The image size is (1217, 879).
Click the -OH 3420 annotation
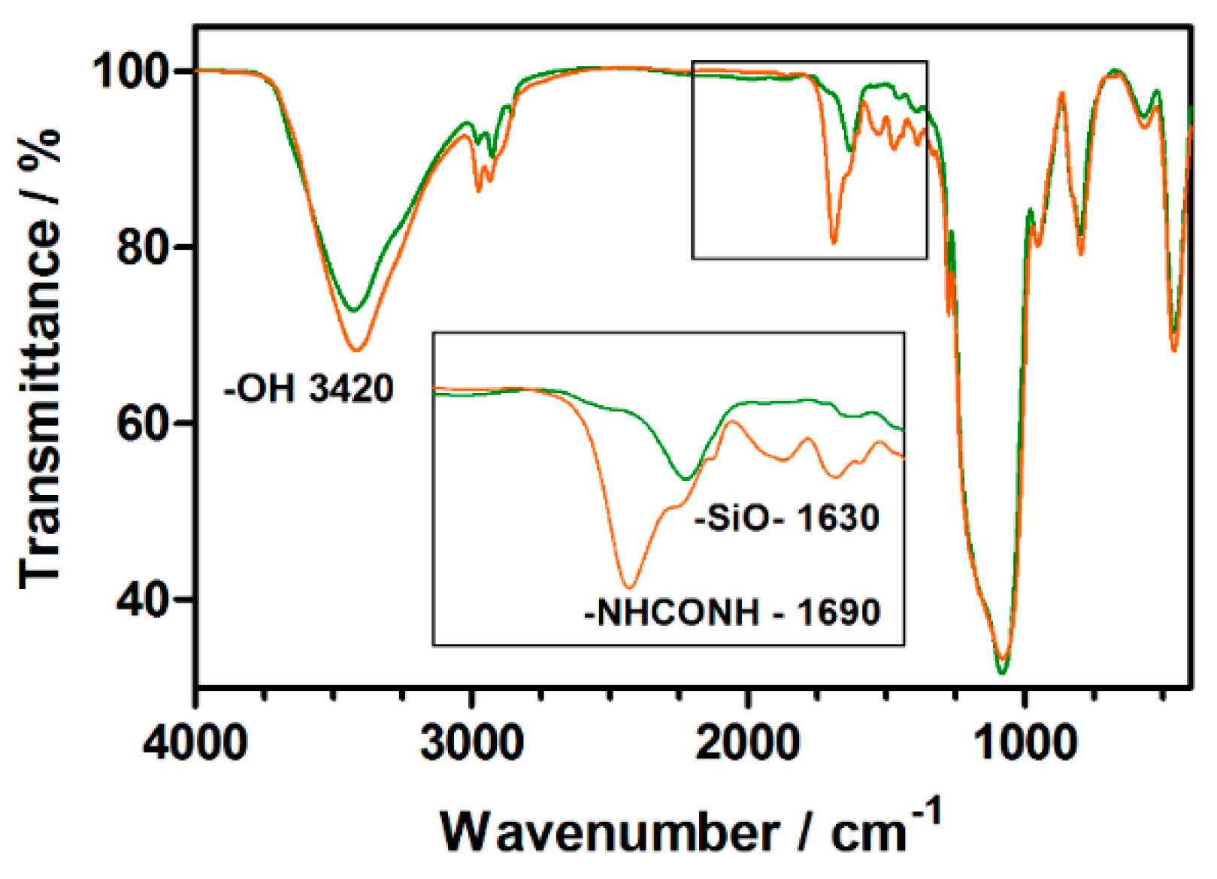click(x=309, y=389)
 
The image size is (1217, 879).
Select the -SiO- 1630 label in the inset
click(x=787, y=518)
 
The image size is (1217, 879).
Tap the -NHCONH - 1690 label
click(x=732, y=613)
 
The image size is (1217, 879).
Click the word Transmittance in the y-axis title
click(x=41, y=406)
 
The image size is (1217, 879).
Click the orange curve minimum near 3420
click(x=358, y=350)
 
